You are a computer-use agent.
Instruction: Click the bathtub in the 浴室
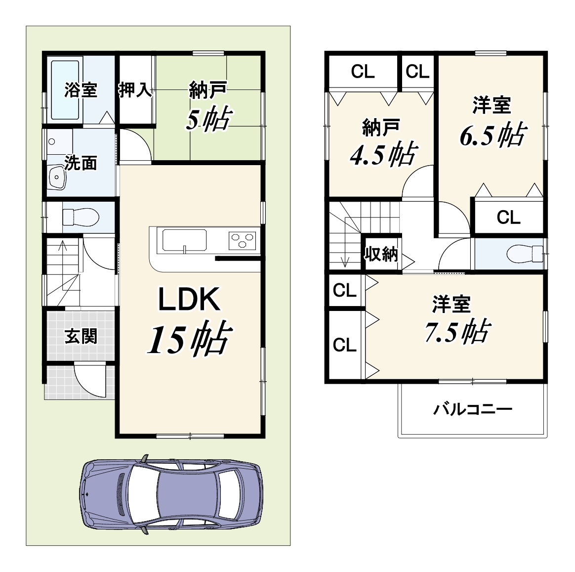pos(65,90)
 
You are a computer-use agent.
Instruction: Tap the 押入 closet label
pos(135,90)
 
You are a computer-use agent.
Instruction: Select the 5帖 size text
pos(208,119)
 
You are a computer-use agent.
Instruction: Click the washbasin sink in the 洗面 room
pos(57,177)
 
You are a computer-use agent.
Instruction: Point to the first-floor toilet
pos(81,217)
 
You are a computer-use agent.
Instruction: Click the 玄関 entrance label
pos(81,336)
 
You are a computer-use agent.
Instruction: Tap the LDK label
pos(189,300)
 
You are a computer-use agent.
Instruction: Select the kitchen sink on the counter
pos(184,241)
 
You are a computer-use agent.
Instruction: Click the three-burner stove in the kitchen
pos(243,241)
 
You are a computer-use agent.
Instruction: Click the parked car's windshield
pos(142,493)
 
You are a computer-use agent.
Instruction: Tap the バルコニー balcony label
pos(473,409)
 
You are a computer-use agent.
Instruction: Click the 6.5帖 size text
pos(493,135)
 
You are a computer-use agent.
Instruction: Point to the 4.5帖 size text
pos(383,154)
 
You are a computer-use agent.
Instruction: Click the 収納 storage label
pos(381,254)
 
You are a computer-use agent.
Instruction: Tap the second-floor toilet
pos(525,254)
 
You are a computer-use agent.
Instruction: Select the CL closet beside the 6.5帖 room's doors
pos(509,217)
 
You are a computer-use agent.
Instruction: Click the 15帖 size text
pos(189,339)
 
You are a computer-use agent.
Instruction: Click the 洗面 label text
pos(81,163)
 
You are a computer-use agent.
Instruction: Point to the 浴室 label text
pos(81,90)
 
